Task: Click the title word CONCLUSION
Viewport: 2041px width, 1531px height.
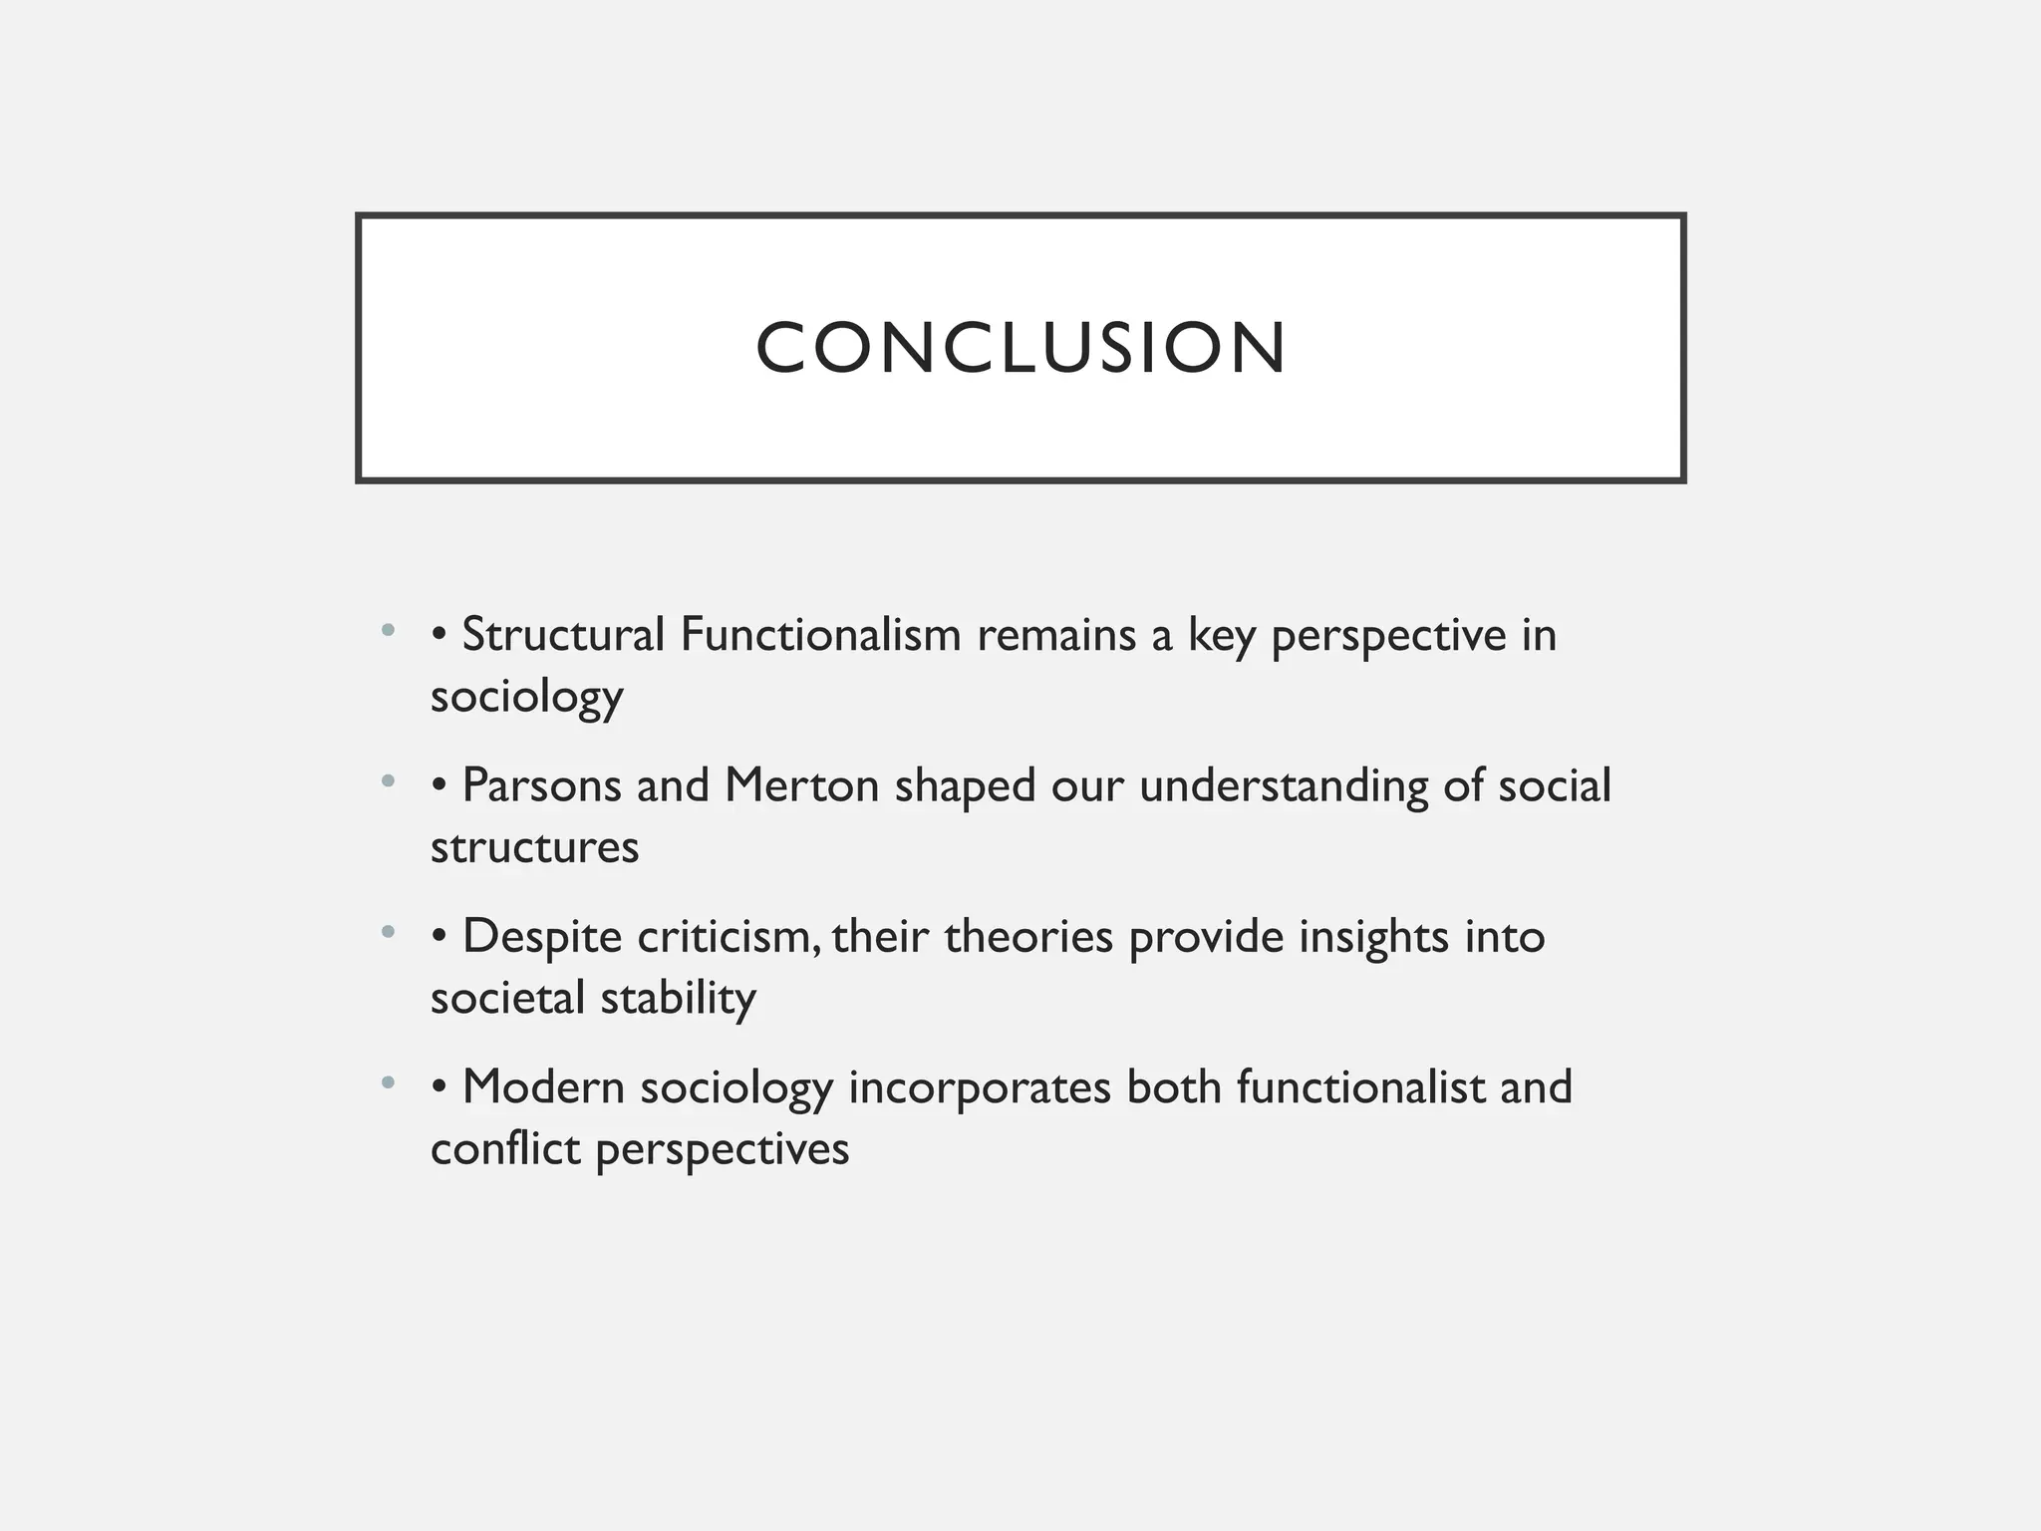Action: click(1020, 348)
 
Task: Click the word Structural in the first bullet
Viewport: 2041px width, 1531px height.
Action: click(563, 635)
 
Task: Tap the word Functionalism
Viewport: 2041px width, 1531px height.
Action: click(820, 635)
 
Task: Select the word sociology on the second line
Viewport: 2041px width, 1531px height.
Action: click(526, 697)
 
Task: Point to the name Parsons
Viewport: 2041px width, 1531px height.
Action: click(542, 785)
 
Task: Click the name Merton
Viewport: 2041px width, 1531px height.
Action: click(801, 785)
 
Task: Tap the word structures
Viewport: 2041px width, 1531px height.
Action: click(534, 847)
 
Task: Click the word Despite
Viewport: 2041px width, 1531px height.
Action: click(542, 937)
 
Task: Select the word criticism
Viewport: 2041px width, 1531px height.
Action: click(729, 937)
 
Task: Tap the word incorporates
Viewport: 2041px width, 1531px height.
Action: click(980, 1087)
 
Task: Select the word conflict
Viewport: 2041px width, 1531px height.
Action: click(505, 1149)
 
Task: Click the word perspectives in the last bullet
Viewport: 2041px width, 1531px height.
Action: click(723, 1149)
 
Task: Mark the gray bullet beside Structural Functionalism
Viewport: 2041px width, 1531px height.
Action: click(388, 630)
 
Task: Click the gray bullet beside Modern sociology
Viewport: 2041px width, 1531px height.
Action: click(388, 1082)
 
